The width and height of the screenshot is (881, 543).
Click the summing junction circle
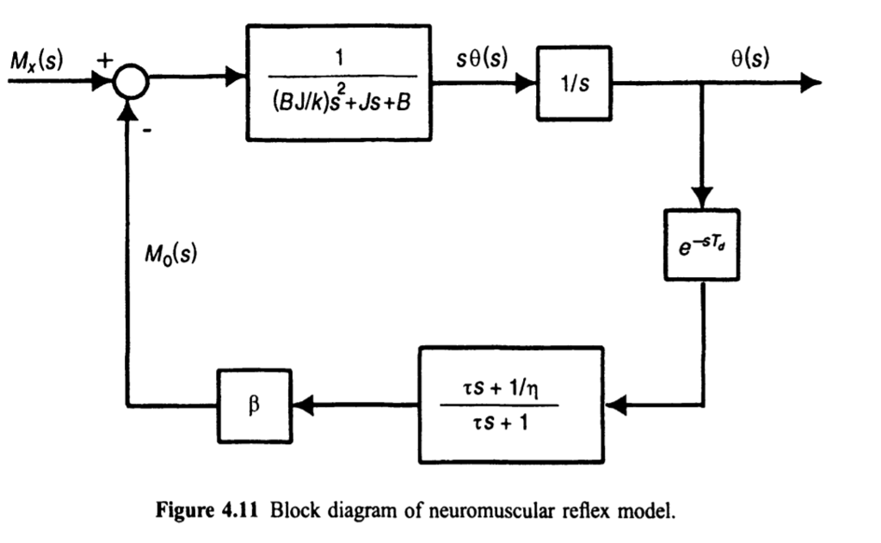pyautogui.click(x=131, y=83)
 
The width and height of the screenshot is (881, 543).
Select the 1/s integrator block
pyautogui.click(x=569, y=83)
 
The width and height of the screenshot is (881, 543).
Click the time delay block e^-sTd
pyautogui.click(x=701, y=244)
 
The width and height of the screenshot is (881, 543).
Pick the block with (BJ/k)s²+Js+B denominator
pyautogui.click(x=338, y=83)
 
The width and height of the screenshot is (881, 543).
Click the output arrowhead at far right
pyautogui.click(x=810, y=83)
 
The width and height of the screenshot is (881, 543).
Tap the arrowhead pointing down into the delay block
pyautogui.click(x=701, y=195)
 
